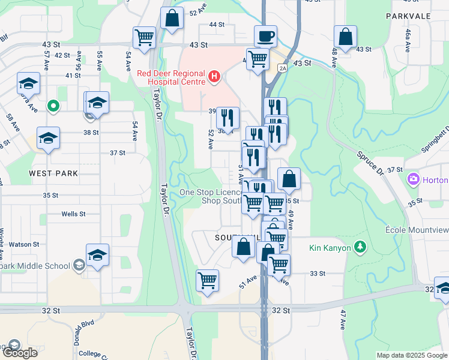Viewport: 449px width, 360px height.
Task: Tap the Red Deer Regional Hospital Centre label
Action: tap(170, 78)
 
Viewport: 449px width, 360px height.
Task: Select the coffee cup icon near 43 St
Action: tap(265, 36)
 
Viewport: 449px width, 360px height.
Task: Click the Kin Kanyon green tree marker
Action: tap(360, 247)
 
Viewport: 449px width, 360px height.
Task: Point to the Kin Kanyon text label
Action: tap(330, 248)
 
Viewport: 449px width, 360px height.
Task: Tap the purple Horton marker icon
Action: tap(412, 179)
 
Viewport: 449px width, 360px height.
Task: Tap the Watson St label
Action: tap(23, 244)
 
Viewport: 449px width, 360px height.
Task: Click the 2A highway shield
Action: tap(283, 68)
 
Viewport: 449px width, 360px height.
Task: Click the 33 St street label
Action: tap(317, 273)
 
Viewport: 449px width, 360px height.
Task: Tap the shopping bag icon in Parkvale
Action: tap(346, 37)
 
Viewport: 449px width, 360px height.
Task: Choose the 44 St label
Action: tap(216, 25)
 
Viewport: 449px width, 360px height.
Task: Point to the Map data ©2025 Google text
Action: tap(411, 355)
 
